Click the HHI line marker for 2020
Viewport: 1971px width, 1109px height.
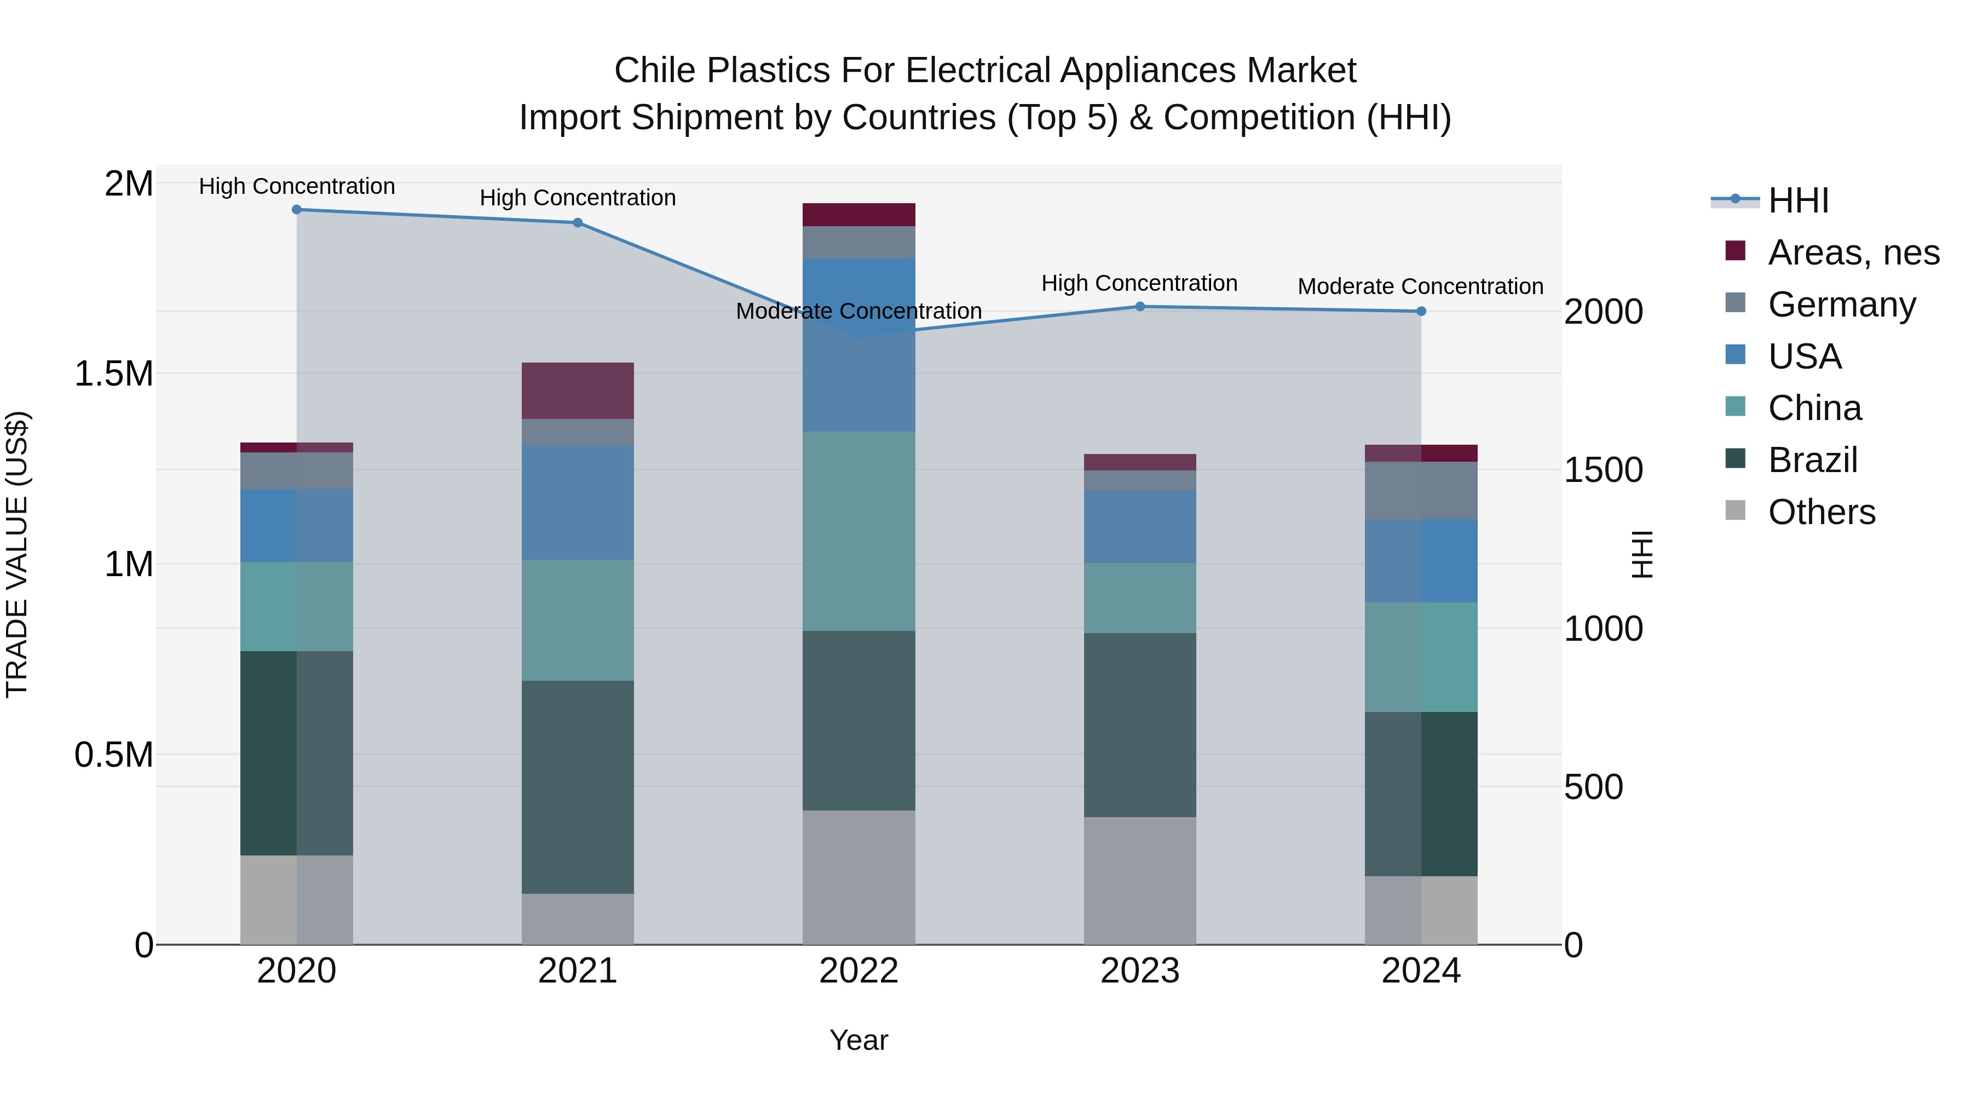coord(297,210)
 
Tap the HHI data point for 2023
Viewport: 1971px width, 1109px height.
coord(1140,307)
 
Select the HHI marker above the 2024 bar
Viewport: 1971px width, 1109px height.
coord(1421,312)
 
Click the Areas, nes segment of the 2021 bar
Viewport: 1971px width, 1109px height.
coord(578,390)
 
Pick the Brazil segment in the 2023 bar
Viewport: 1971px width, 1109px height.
coord(1140,725)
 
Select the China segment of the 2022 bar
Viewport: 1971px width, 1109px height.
coord(858,531)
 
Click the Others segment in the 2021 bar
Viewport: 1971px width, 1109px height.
coord(578,918)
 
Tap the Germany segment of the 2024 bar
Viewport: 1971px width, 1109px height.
coord(1421,491)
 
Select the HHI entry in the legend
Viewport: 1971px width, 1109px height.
coord(1798,200)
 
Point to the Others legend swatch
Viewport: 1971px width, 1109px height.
coord(1736,510)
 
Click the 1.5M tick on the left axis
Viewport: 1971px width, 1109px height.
coord(113,374)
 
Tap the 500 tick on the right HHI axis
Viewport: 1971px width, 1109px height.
coord(1593,787)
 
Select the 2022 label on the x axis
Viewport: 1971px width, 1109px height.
coord(858,971)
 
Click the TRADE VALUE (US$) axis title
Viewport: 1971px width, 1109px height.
coord(17,554)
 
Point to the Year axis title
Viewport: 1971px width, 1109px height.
coord(858,1040)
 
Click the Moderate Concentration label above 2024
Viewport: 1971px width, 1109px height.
coord(1420,286)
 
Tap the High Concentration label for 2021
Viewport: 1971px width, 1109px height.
coord(578,198)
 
